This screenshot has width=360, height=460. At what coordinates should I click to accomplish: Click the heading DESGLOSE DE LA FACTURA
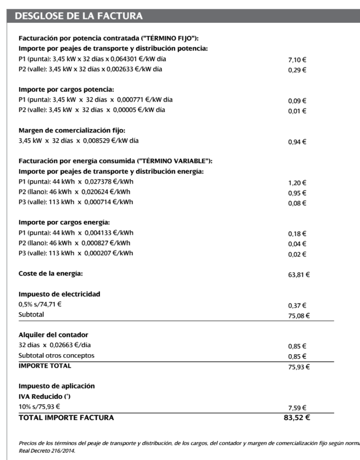79,17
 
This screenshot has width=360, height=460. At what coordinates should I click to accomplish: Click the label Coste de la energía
50,274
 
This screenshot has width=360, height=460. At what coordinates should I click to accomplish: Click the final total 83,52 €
297,418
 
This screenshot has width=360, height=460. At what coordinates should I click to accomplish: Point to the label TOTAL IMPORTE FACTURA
66,418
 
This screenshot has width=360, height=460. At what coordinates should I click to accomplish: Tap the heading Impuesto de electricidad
59,294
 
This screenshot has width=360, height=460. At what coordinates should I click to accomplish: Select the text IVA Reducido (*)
43,397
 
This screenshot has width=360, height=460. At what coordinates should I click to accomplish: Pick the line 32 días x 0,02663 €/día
55,345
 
